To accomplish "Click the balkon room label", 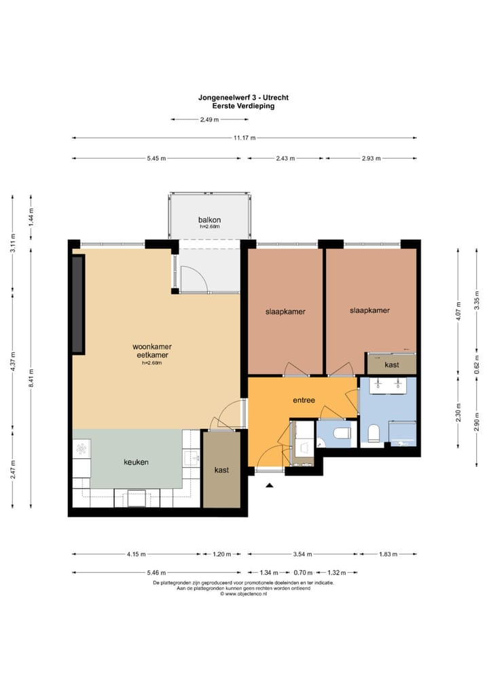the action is [x=209, y=220].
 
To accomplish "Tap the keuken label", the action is [x=136, y=462].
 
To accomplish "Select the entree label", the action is [x=304, y=400].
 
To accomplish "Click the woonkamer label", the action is [x=152, y=347].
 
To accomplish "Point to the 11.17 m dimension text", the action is [x=244, y=138].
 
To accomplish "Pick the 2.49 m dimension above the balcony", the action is [x=209, y=119].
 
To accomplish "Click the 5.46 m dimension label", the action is [x=156, y=573].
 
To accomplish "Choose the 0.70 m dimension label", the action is [x=304, y=573].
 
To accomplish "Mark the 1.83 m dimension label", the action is [x=388, y=555].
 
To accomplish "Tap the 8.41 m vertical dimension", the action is [x=31, y=378].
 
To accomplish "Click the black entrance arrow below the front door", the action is [x=270, y=485].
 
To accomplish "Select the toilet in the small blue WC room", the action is [x=342, y=434].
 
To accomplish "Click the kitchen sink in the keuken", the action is [x=192, y=458].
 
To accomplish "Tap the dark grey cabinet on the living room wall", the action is [x=78, y=304].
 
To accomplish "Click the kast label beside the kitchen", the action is [x=221, y=470].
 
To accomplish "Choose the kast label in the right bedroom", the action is [x=392, y=365].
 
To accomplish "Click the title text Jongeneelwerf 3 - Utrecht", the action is [x=243, y=97].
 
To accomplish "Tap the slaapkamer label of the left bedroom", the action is [x=285, y=312].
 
